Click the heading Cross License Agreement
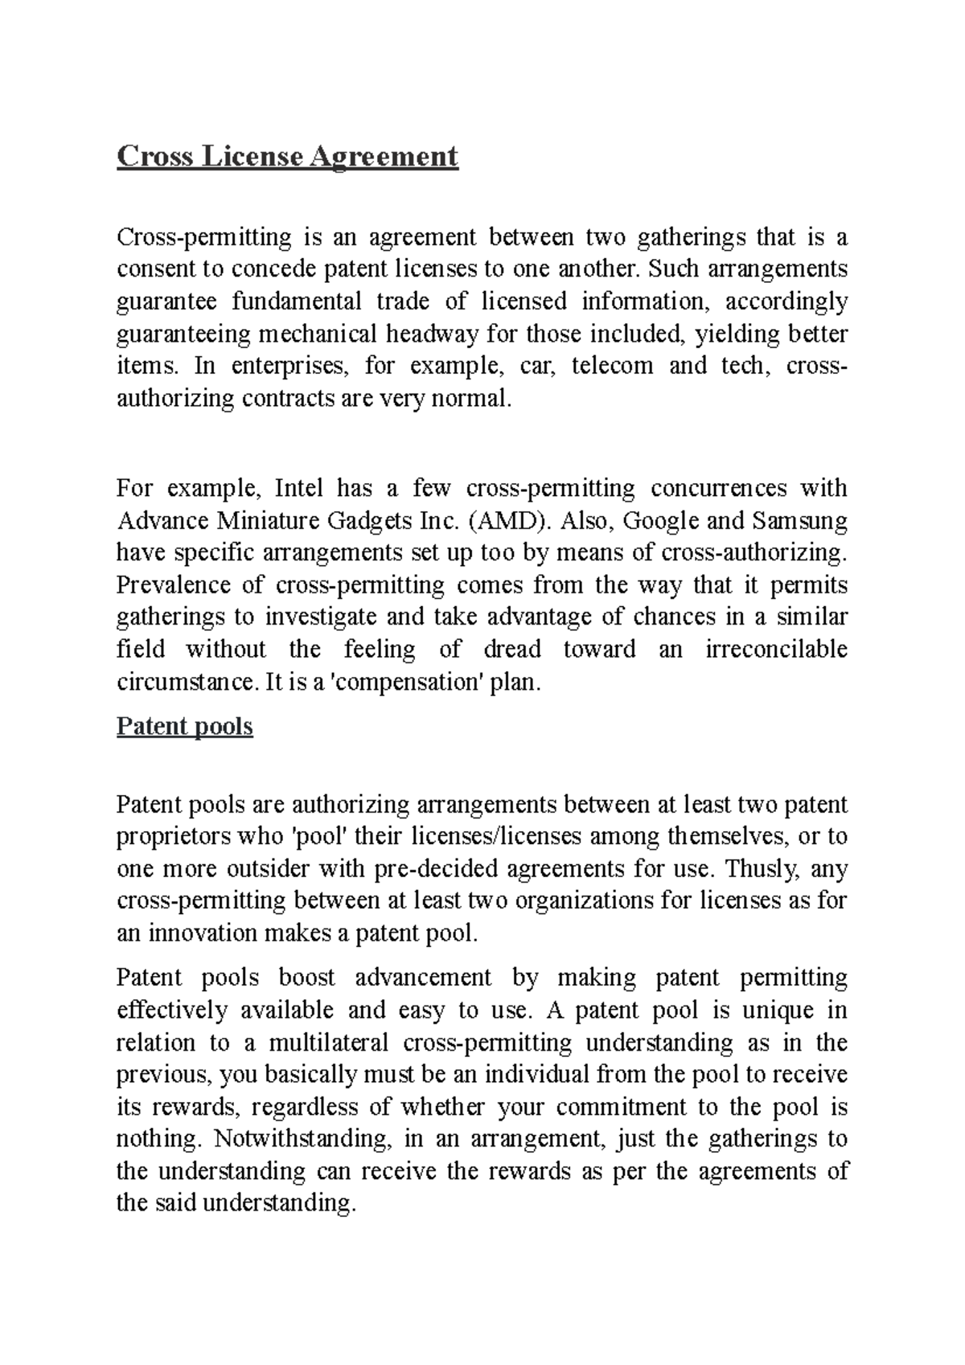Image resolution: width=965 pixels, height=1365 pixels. click(x=287, y=156)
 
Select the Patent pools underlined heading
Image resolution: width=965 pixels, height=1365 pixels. click(x=185, y=727)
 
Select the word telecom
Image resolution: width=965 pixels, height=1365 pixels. click(x=611, y=366)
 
